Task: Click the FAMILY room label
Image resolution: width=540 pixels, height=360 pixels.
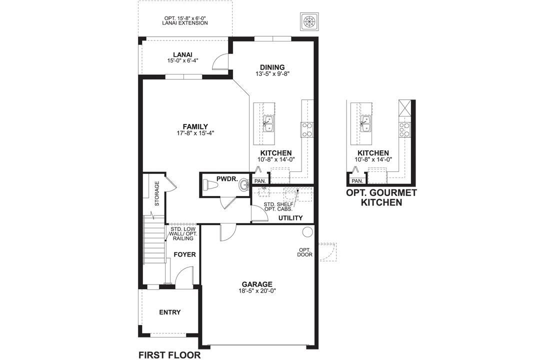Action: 195,127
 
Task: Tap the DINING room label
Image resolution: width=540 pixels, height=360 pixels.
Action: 272,67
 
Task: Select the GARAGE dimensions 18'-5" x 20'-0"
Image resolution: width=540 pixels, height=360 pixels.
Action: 257,291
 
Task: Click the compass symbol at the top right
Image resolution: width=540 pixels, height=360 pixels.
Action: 309,21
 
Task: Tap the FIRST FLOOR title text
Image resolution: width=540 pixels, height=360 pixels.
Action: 169,355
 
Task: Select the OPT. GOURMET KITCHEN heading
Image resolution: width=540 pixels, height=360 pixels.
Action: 381,197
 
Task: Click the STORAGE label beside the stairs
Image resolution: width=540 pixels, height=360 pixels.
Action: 157,193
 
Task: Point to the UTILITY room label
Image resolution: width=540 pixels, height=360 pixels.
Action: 290,217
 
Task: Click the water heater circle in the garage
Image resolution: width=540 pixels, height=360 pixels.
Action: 307,232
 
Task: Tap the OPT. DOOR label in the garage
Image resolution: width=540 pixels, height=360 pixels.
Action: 305,252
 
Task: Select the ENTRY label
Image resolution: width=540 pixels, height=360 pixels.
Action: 170,312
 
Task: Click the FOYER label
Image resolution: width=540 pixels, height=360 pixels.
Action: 184,254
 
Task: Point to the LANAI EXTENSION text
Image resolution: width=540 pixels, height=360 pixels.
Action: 185,23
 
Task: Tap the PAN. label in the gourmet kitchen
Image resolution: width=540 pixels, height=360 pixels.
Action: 357,181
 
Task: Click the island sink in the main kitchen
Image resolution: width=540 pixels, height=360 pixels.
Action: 268,124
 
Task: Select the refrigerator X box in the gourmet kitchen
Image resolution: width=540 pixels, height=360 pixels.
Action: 405,108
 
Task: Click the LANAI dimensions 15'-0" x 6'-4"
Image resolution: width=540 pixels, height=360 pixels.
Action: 182,60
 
